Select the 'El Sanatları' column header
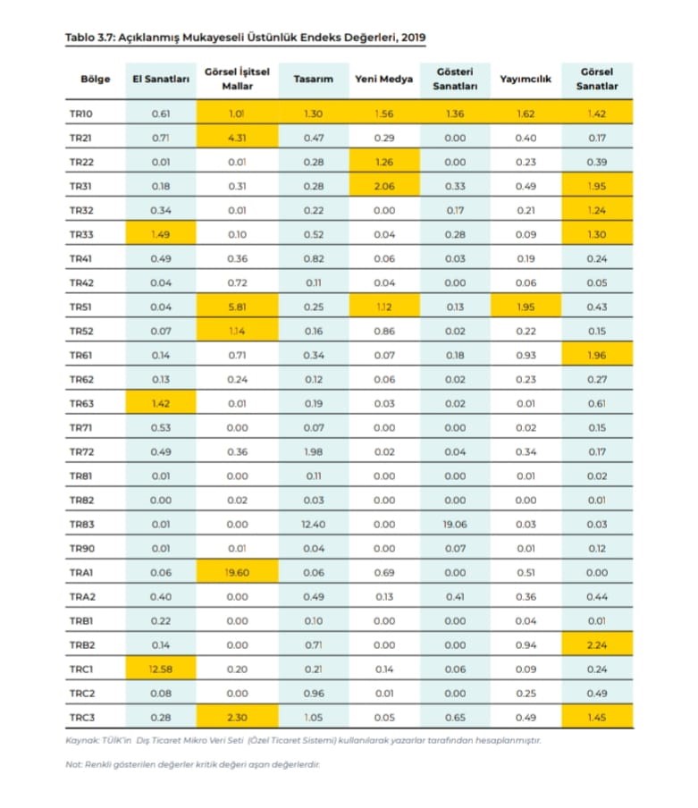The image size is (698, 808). point(161,79)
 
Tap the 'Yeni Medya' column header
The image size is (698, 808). point(383,79)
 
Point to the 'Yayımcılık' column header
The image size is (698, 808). point(526,79)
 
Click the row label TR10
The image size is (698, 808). point(81,114)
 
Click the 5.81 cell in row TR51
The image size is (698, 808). point(237,307)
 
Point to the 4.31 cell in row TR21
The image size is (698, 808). point(237,138)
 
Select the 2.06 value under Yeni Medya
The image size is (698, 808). point(383,186)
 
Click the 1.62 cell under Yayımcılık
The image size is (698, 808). point(526,114)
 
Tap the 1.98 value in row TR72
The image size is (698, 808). point(313,451)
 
